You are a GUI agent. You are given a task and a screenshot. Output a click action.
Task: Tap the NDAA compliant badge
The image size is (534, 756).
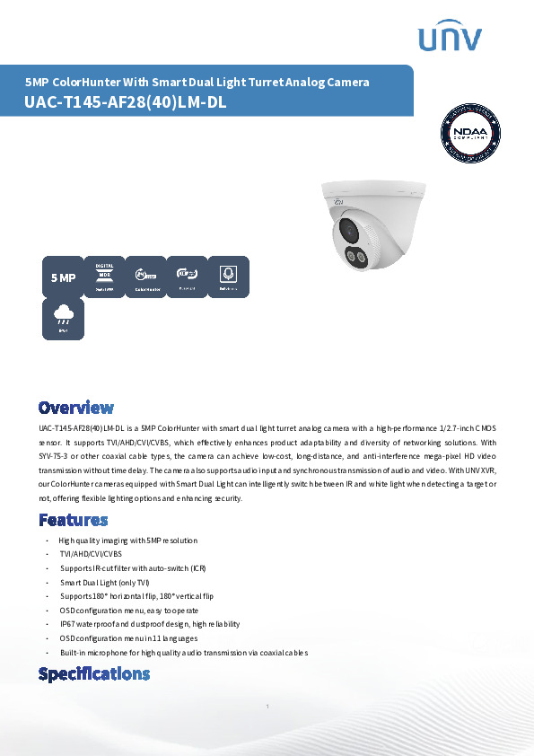472,136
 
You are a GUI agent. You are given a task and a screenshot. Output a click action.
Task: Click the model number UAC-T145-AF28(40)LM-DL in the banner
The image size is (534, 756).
126,102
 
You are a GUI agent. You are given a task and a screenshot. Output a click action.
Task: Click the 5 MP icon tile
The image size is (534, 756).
63,277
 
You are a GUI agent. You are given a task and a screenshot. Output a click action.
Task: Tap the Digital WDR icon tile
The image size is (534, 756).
104,277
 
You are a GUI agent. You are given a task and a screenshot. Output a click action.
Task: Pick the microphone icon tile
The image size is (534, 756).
228,277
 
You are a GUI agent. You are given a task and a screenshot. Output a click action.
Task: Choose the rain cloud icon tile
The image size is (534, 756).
63,319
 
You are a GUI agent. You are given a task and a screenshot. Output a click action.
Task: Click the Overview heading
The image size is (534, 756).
75,408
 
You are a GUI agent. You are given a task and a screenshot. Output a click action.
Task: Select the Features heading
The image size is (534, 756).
73,520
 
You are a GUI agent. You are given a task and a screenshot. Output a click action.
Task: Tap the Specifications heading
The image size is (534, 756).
93,673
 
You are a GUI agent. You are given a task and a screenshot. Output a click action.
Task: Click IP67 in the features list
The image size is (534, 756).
67,624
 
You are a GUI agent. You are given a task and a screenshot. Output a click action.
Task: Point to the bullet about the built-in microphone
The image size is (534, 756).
183,653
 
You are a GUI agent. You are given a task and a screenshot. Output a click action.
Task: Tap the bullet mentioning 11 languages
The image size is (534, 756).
128,638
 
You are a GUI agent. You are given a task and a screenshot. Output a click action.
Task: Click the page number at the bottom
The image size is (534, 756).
267,708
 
